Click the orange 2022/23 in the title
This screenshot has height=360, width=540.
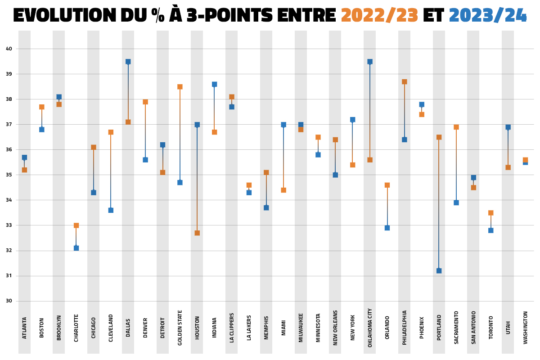coord(379,16)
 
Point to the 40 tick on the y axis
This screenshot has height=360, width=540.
coord(9,49)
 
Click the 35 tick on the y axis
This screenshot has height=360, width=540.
coord(9,175)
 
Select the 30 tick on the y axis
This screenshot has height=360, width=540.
coord(9,301)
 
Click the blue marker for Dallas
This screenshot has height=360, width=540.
coord(128,62)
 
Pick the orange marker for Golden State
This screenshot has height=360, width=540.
coord(180,87)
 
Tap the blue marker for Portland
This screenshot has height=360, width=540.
coord(439,270)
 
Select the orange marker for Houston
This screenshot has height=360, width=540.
coord(197,233)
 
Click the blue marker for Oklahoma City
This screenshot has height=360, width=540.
coord(370,62)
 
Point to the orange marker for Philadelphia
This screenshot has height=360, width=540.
coord(405,82)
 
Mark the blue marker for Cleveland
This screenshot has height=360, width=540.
coord(111,210)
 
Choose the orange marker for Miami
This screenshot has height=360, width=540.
coord(283,190)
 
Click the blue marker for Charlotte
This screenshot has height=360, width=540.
coord(76,248)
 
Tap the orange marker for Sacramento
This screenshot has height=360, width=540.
coord(456,127)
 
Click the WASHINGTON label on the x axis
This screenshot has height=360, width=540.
coord(525,328)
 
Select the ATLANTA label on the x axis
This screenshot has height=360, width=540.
coord(24,328)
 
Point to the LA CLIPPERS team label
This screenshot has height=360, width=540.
coord(232,328)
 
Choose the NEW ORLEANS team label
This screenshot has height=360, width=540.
coord(335,327)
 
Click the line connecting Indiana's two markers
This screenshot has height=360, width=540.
coord(215,108)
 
